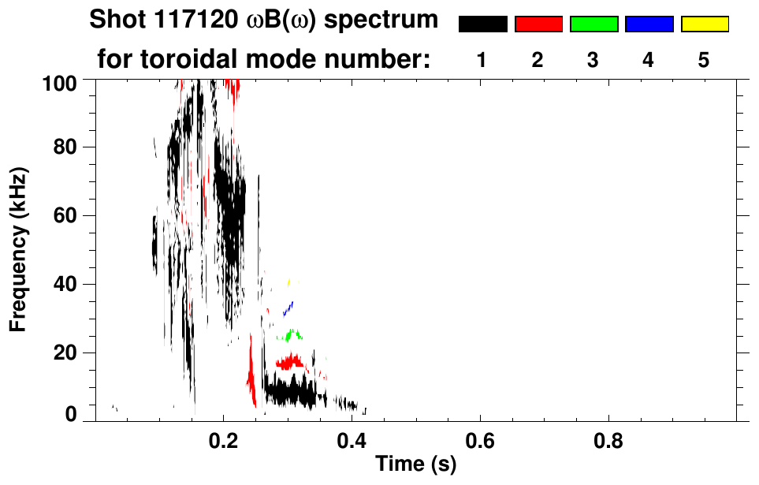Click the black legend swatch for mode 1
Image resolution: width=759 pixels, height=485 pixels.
coord(482,24)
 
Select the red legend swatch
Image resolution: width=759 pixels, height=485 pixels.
coord(538,24)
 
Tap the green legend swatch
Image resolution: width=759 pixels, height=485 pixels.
coord(593,24)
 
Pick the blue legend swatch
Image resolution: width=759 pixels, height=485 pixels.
coord(649,24)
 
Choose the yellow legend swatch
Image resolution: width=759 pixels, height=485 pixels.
coord(704,24)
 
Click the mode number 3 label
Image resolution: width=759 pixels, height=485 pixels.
coord(593,61)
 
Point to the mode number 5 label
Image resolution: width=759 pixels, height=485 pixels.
coord(703,61)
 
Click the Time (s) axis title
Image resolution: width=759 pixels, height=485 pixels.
coord(415,464)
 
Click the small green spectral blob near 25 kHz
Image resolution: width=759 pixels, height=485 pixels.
coord(293,335)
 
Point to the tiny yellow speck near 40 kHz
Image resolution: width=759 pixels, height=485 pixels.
coord(289,282)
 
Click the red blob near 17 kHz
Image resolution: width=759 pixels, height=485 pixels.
coord(291,362)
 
